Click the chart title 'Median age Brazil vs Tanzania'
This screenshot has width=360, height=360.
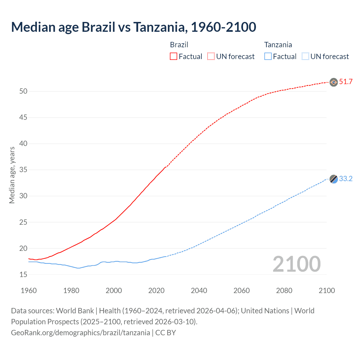(134, 27)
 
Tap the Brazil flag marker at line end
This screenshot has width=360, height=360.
(334, 82)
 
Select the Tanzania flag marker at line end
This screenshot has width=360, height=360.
(334, 179)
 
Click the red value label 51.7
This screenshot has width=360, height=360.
(346, 82)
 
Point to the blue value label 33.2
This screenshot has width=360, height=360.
(346, 179)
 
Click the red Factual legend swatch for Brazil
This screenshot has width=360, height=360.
(174, 56)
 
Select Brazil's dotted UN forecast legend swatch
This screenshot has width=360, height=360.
(211, 56)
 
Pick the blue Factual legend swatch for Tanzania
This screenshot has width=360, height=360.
(268, 56)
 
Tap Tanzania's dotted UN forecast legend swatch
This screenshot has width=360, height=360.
(305, 56)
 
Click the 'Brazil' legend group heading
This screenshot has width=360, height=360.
(179, 45)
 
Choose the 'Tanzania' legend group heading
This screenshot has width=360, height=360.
(278, 45)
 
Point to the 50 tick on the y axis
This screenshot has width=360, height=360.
(23, 91)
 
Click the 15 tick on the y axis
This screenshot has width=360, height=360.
(23, 274)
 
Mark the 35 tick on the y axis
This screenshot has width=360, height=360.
(23, 170)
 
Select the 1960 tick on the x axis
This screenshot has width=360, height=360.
(29, 291)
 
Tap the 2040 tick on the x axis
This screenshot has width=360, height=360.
(199, 291)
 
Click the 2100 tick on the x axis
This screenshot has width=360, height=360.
(327, 291)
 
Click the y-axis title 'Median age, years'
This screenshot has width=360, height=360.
(12, 175)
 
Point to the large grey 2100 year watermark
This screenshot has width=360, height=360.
(296, 264)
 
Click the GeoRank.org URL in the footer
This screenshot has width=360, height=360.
(80, 333)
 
